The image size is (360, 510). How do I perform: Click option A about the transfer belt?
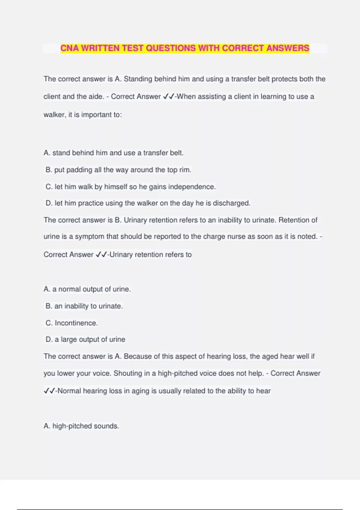(x=113, y=153)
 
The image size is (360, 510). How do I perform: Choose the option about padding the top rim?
(x=118, y=170)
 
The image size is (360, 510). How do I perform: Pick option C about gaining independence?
(x=130, y=187)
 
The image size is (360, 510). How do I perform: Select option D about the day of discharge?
(x=148, y=203)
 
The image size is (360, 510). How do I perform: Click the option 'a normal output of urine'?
(x=87, y=289)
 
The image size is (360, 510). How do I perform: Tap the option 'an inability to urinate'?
(x=84, y=306)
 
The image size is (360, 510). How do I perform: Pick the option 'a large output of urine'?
(x=85, y=339)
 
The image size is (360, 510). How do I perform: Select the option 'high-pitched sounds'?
(x=81, y=426)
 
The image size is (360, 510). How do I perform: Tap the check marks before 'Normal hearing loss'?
(x=49, y=391)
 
